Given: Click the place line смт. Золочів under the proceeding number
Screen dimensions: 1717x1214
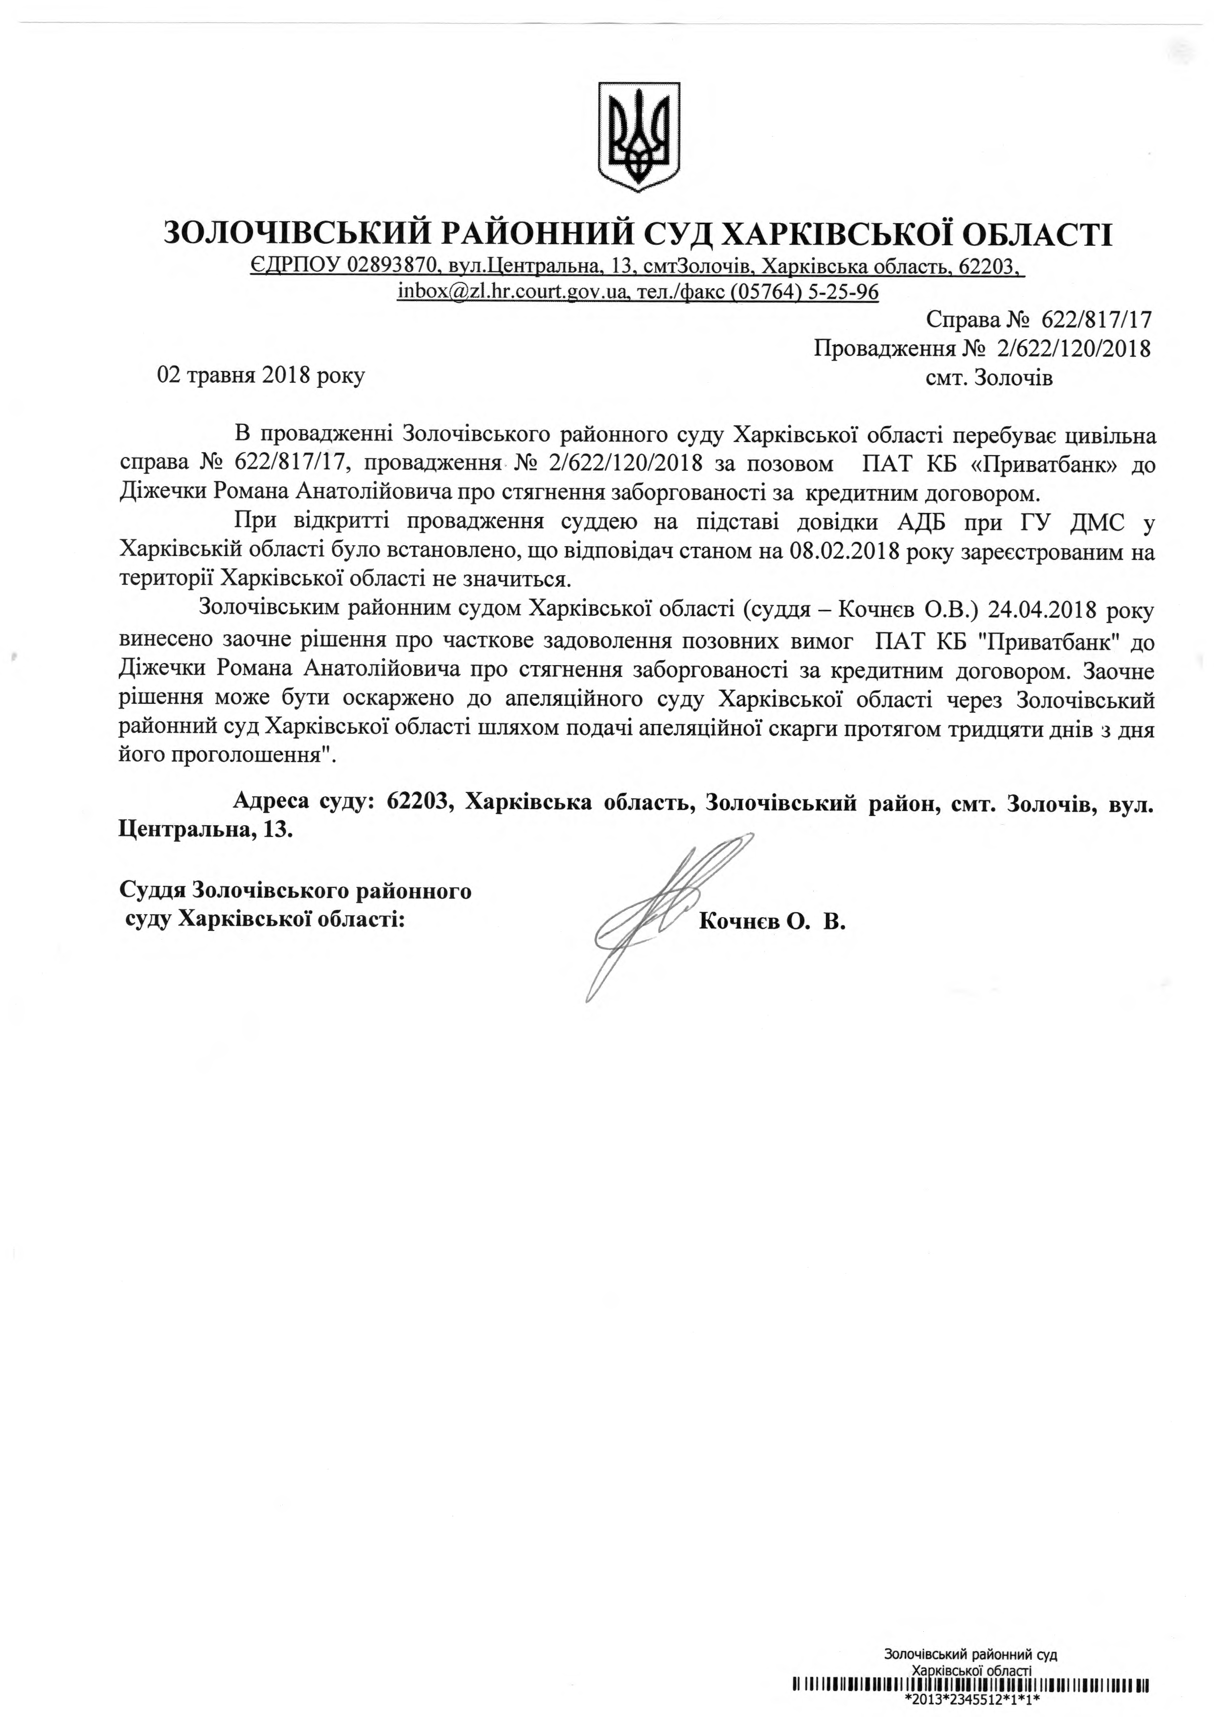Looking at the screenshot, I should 988,378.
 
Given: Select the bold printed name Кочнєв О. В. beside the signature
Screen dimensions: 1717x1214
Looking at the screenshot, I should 772,922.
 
